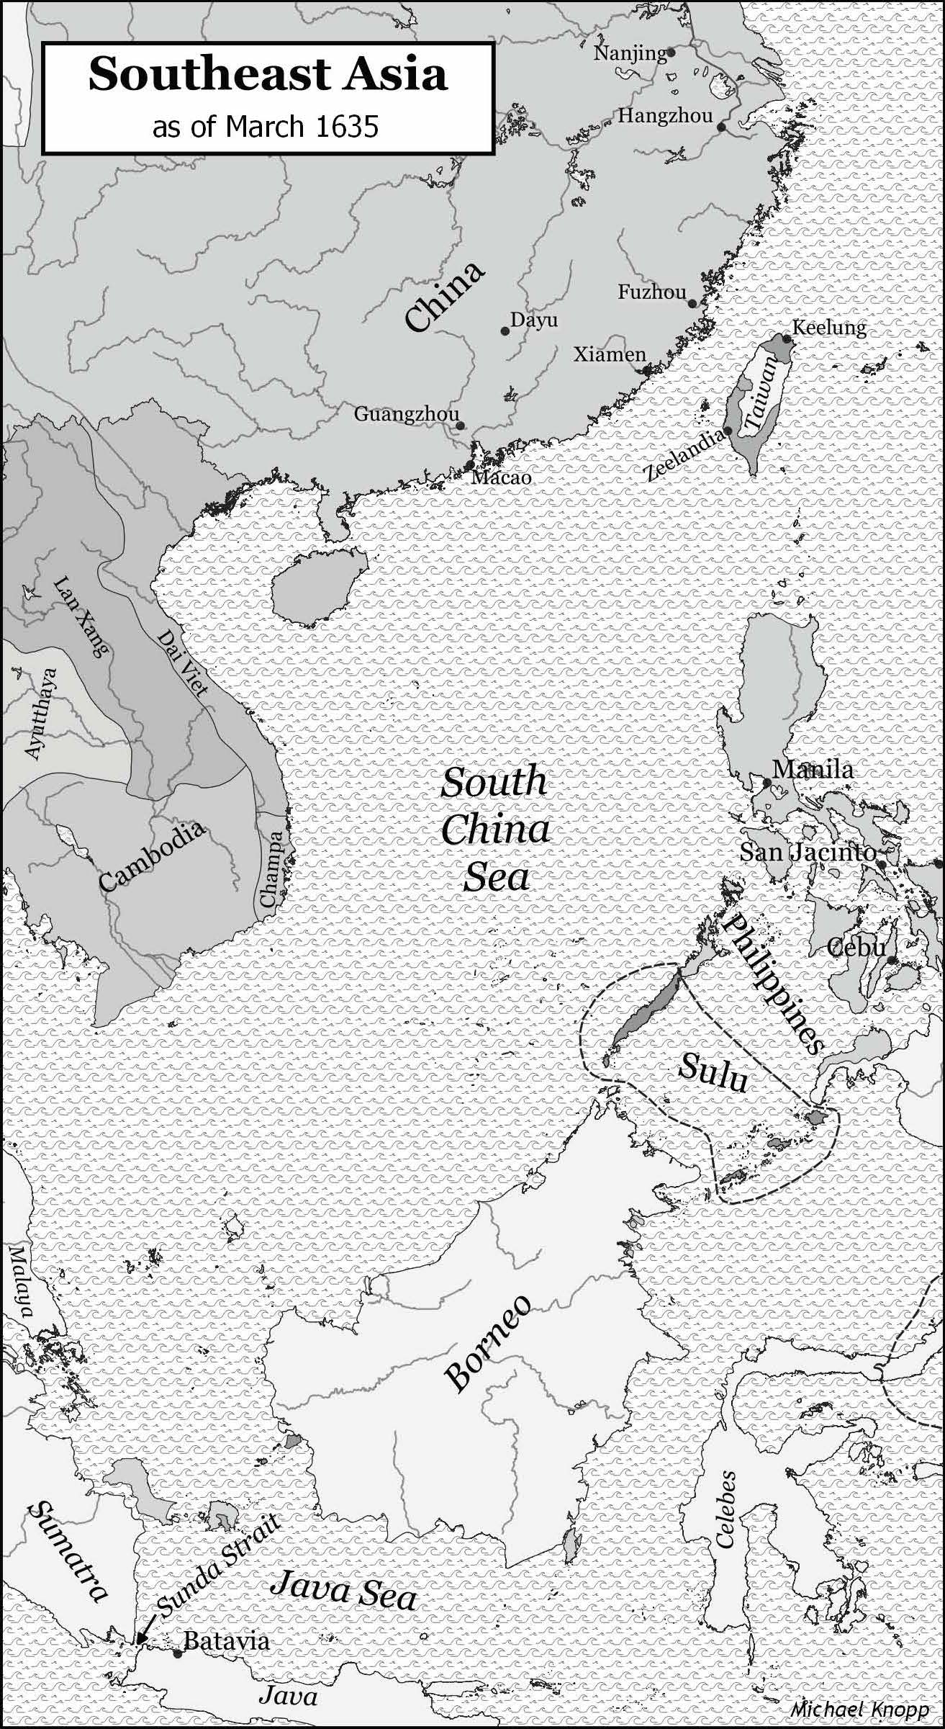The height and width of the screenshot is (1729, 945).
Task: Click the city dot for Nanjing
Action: coord(670,52)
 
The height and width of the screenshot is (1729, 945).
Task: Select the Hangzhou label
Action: coord(665,115)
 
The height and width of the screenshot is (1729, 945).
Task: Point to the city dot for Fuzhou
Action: coord(692,304)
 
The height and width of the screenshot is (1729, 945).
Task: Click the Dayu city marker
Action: coord(505,331)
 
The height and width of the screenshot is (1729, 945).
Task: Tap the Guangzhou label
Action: coord(406,415)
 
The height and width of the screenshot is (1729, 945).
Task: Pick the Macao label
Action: coord(501,477)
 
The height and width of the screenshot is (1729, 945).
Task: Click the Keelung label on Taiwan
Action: coord(829,328)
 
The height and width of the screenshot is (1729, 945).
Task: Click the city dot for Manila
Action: coord(767,783)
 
